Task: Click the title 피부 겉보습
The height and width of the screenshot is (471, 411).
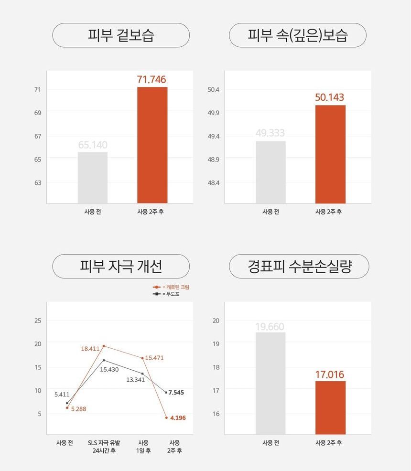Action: point(121,35)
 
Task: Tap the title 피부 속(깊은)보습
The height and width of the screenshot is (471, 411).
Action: point(298,35)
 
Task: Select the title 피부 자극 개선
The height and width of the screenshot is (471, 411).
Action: point(121,266)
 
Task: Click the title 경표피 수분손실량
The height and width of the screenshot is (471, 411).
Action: point(299,266)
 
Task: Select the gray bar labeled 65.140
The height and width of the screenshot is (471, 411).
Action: point(93,178)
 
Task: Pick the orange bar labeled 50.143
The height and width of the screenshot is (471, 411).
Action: point(330,154)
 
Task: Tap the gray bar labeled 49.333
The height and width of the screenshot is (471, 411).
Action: point(270,172)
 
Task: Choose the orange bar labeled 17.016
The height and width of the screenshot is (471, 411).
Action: point(330,407)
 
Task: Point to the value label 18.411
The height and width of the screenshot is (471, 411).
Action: point(90,349)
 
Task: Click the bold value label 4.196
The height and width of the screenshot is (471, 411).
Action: point(178,418)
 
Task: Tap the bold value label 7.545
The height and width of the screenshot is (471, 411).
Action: point(176,392)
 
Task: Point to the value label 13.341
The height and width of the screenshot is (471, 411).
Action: point(135,380)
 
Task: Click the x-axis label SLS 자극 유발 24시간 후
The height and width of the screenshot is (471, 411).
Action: point(104,446)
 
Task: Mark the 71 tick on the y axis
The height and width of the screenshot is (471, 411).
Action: point(38,90)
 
